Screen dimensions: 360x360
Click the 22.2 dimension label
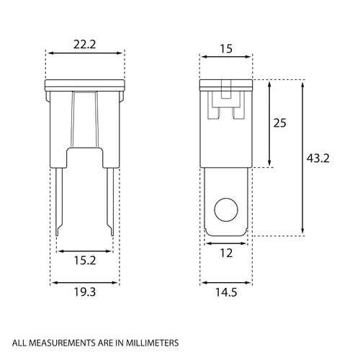(x=85, y=45)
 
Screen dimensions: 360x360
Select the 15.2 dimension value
(x=85, y=261)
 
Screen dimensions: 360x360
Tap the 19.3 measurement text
(x=85, y=292)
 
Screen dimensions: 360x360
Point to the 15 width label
(x=226, y=49)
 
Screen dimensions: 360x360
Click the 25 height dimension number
(x=280, y=123)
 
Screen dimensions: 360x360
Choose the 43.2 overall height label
(x=318, y=158)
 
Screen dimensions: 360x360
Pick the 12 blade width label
(x=226, y=253)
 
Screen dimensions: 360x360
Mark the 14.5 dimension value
(x=226, y=292)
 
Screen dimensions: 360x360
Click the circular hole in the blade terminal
(x=226, y=210)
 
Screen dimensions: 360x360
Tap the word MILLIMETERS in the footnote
(x=152, y=343)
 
